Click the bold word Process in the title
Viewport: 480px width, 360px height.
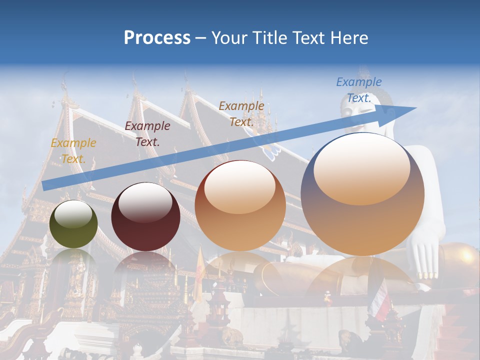(x=157, y=38)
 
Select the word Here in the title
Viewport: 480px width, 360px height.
(x=348, y=38)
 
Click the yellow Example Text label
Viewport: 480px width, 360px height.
(x=73, y=151)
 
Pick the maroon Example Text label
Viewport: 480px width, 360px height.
(x=147, y=134)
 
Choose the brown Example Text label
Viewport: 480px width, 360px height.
(x=241, y=113)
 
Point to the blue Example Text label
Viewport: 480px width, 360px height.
(x=359, y=90)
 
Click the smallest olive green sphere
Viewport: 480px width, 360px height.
(x=73, y=224)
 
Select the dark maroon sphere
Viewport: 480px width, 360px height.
(x=145, y=216)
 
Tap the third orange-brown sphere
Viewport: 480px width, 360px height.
(x=240, y=206)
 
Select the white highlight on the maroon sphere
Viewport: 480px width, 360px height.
(x=145, y=202)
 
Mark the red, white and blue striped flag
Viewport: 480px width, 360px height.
(x=380, y=299)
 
